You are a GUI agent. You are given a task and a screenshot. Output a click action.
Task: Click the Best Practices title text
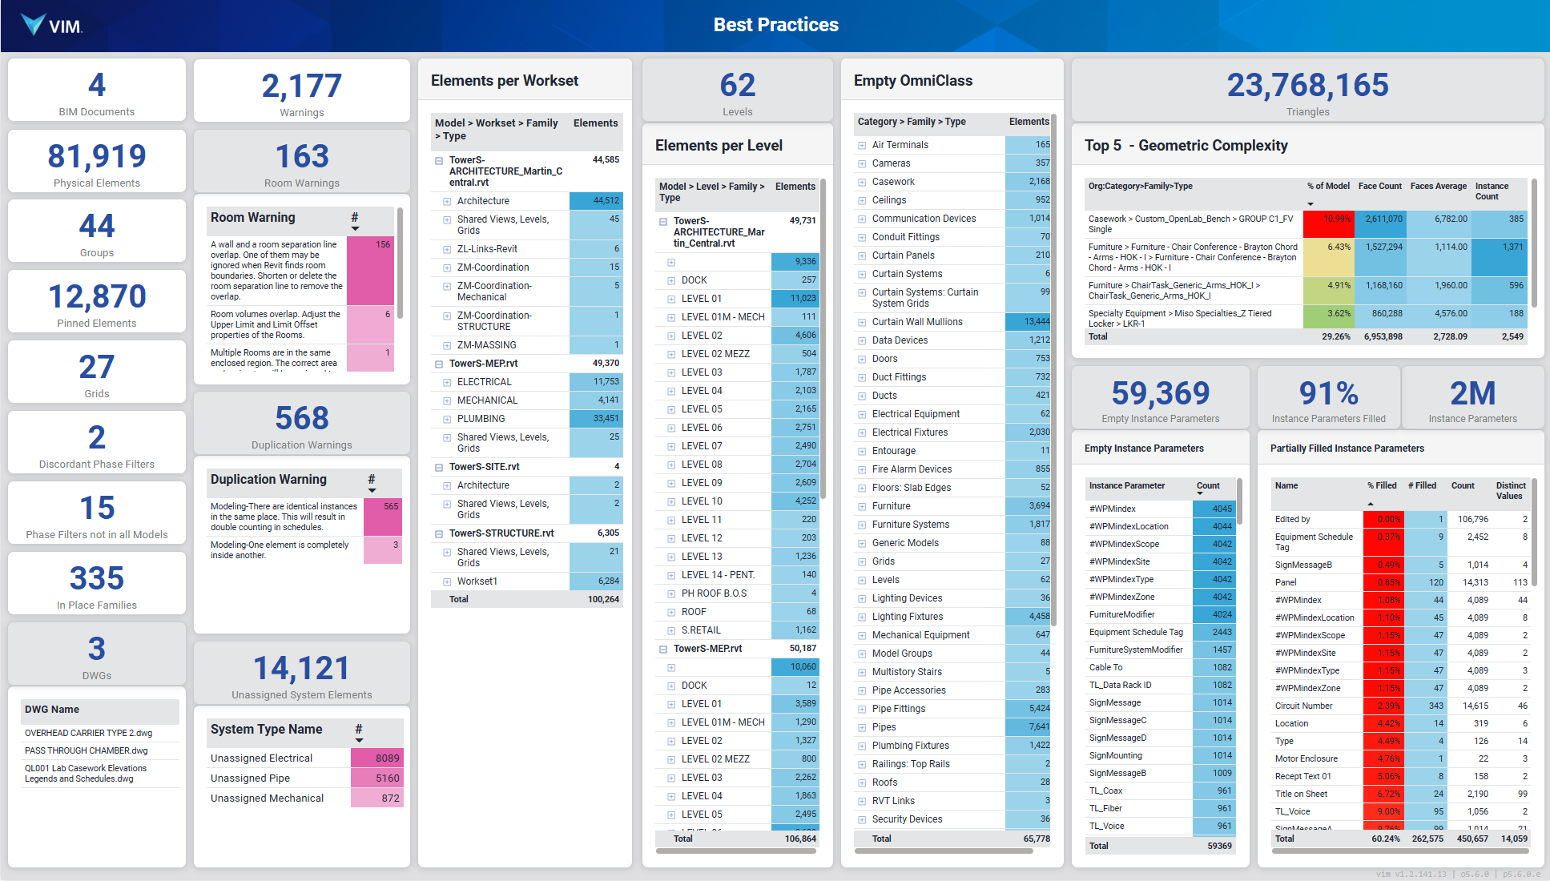coord(775,25)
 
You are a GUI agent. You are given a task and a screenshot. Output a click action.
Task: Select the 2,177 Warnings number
coord(301,86)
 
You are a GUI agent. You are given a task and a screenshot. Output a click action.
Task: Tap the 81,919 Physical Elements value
coord(97,156)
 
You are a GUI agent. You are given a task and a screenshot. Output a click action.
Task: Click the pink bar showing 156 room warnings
coord(369,270)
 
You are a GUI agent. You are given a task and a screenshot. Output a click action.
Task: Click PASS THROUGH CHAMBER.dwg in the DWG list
coord(87,750)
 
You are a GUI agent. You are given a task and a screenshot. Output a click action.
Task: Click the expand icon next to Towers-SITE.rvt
coord(439,467)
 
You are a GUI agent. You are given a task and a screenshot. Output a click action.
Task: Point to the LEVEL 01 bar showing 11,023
coord(795,299)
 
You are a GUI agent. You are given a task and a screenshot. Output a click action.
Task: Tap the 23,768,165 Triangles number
coord(1307,86)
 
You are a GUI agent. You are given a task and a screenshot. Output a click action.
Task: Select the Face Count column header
coord(1379,186)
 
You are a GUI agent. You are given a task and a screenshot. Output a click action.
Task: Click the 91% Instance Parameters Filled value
coord(1328,393)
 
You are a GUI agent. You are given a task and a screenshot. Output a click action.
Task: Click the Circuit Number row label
coord(1303,706)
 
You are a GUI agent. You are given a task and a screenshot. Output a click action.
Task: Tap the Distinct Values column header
coord(1510,490)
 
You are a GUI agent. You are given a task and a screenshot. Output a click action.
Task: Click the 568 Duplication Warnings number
coord(301,418)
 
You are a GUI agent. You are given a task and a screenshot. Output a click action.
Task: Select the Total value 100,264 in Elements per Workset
coord(603,599)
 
